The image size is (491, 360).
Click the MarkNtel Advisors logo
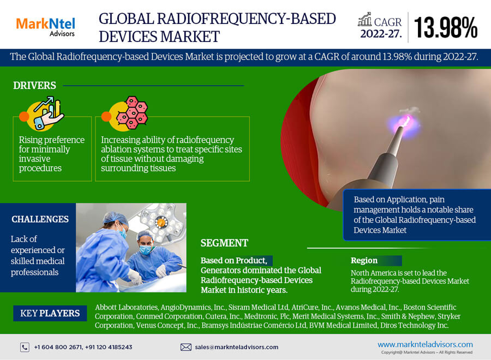click(45, 27)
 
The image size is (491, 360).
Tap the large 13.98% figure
click(446, 28)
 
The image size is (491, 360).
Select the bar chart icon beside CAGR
click(365, 20)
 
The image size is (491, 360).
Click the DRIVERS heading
click(34, 86)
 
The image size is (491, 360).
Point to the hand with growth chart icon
click(47, 114)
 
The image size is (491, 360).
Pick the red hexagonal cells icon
click(131, 113)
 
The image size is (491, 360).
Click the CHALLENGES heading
click(40, 219)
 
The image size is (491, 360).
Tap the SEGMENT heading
click(224, 243)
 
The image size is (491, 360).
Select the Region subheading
click(364, 260)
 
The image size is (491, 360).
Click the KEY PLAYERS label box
click(50, 313)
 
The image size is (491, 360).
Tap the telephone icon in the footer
click(25, 347)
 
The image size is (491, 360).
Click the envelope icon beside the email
click(185, 347)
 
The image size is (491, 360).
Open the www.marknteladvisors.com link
click(425, 344)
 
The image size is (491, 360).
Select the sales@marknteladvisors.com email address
click(236, 347)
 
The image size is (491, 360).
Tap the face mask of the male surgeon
click(145, 249)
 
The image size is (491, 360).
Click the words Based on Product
click(233, 260)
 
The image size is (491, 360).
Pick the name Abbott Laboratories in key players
click(126, 308)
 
